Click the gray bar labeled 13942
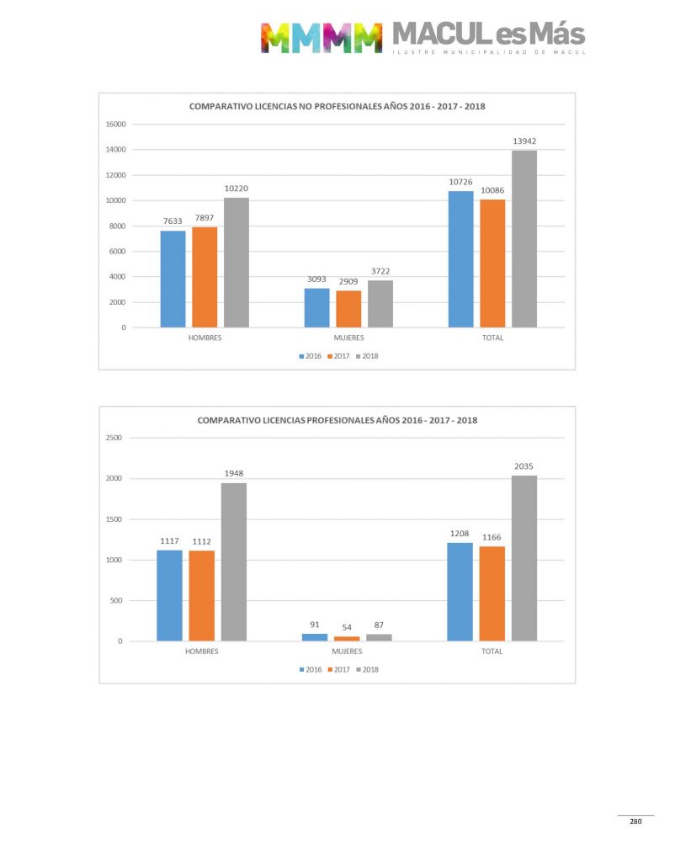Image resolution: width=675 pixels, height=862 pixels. click(x=524, y=239)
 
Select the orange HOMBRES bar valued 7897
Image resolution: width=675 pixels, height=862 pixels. click(x=205, y=277)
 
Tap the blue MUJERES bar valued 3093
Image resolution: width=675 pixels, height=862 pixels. click(x=316, y=307)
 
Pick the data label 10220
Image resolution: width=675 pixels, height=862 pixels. click(x=236, y=188)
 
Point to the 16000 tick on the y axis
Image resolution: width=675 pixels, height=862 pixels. click(x=115, y=125)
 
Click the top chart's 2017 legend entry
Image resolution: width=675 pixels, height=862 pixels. click(x=337, y=356)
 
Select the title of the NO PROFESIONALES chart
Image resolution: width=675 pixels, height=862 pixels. click(x=337, y=107)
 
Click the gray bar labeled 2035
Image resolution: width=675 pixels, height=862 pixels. click(x=524, y=558)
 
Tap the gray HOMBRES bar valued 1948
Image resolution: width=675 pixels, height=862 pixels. click(x=234, y=561)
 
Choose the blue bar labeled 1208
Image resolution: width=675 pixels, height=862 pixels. click(x=460, y=592)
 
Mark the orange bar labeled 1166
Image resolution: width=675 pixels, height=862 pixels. click(x=492, y=593)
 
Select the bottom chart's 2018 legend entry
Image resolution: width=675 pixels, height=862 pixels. click(x=369, y=670)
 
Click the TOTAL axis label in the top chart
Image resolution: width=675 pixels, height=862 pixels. click(x=492, y=338)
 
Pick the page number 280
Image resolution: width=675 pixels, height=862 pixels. click(x=635, y=822)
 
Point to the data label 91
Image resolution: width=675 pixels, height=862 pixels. click(x=315, y=625)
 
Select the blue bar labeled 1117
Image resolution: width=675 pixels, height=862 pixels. click(x=169, y=595)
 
